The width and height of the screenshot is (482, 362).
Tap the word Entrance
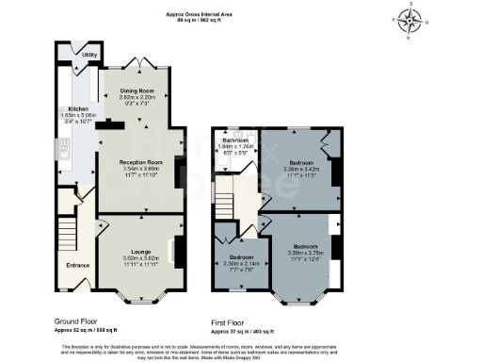click(77, 265)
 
